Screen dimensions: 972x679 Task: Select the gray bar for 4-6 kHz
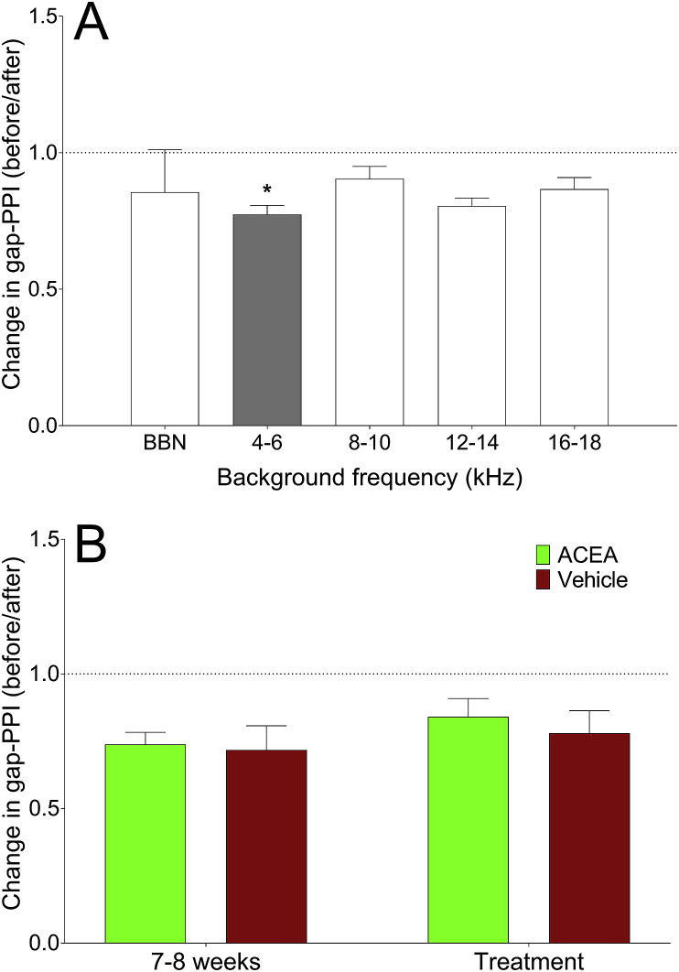[x=267, y=319]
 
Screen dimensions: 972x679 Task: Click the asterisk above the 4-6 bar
[x=267, y=190]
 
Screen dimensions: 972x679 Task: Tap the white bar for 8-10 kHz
[x=370, y=302]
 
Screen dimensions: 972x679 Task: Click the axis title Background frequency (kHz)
[x=369, y=475]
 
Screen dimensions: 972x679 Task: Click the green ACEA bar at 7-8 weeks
[x=145, y=843]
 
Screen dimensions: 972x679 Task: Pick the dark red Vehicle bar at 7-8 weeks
[x=266, y=846]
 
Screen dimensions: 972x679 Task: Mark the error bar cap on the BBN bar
[x=165, y=150]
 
